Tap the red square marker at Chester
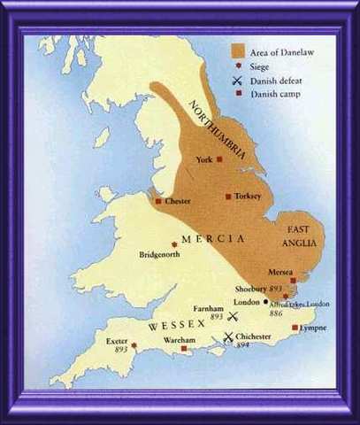(x=158, y=201)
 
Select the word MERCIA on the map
(x=205, y=237)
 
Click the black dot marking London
(x=265, y=301)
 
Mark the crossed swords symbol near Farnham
(x=234, y=316)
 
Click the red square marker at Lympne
(x=295, y=328)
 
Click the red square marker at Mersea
(x=293, y=280)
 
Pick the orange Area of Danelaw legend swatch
(x=239, y=51)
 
